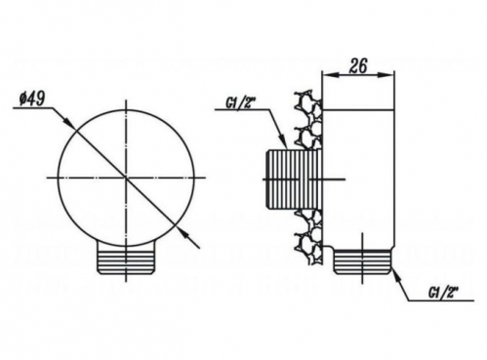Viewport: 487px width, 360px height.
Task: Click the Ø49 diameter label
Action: pos(31,99)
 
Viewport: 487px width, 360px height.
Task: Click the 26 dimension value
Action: pos(358,66)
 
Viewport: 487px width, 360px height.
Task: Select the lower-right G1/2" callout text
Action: pos(443,293)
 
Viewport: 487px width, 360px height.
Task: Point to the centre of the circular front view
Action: pos(126,178)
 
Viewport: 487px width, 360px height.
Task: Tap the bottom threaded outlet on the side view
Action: pos(362,261)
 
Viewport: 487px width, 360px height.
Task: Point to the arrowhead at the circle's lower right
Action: pos(181,230)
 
